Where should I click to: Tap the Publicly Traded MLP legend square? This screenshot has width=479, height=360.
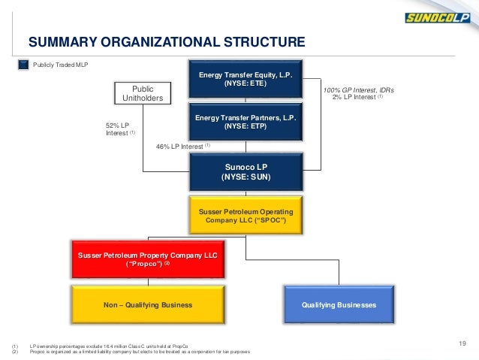pyautogui.click(x=24, y=65)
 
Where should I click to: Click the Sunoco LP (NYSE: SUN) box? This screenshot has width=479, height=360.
pyautogui.click(x=246, y=171)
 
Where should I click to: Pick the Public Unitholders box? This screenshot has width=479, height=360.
pyautogui.click(x=143, y=92)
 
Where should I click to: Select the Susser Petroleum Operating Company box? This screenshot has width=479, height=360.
pyautogui.click(x=246, y=216)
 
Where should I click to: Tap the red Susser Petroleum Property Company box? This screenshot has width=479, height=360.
pyautogui.click(x=148, y=260)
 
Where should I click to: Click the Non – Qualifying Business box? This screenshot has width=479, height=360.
pyautogui.click(x=148, y=305)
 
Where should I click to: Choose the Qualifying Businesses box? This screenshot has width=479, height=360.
pyautogui.click(x=339, y=305)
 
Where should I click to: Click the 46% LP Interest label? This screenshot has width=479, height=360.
pyautogui.click(x=183, y=146)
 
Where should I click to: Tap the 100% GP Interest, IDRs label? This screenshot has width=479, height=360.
pyautogui.click(x=358, y=90)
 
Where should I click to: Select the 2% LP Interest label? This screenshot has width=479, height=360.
pyautogui.click(x=357, y=98)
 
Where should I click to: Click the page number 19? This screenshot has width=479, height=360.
pyautogui.click(x=462, y=344)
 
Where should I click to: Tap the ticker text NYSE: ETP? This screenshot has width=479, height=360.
pyautogui.click(x=246, y=126)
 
